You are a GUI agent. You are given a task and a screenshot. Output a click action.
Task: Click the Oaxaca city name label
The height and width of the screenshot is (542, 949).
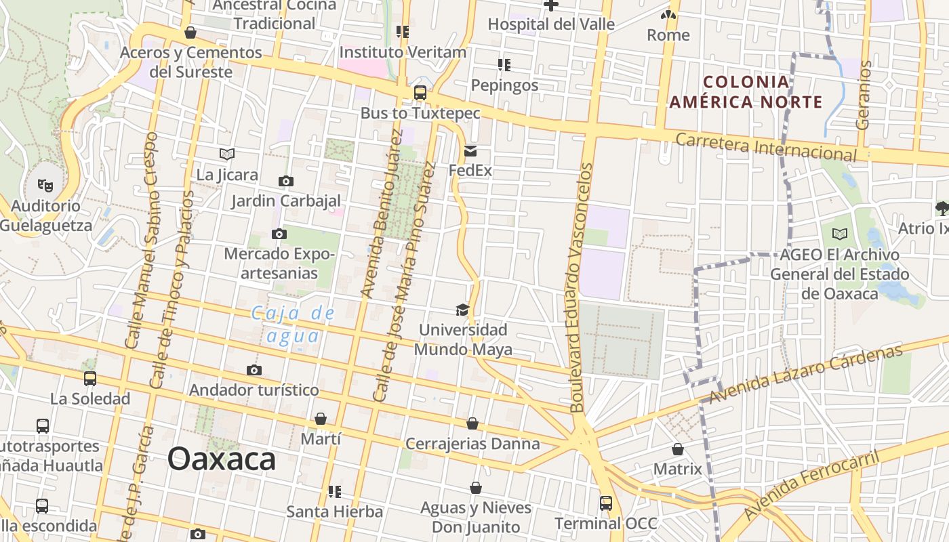[x=222, y=459]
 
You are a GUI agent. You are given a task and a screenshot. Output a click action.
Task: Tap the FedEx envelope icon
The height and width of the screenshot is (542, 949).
[x=470, y=151]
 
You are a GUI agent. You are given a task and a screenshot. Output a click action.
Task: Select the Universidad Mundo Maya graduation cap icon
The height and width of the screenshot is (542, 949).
[x=462, y=310]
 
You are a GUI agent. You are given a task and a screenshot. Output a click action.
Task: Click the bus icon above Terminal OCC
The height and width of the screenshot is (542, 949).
[x=605, y=503]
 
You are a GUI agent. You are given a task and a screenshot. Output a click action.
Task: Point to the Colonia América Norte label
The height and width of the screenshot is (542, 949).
[x=746, y=92]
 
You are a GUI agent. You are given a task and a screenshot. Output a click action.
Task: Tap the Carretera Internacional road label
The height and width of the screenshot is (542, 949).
[x=766, y=147]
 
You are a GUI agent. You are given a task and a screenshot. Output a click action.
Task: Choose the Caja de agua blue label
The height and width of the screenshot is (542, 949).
[x=293, y=324]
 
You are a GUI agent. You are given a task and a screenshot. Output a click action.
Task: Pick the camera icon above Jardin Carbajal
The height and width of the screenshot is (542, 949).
[x=286, y=181]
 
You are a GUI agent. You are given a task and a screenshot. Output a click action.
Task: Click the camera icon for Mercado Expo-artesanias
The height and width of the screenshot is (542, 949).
[x=279, y=234]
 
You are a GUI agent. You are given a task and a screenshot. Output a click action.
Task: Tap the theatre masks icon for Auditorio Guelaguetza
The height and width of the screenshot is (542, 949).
[x=45, y=185]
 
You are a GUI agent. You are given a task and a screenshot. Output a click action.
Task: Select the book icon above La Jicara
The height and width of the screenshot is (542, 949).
[x=226, y=154]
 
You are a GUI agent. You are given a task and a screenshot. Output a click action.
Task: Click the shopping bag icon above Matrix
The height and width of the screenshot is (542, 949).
[x=677, y=449]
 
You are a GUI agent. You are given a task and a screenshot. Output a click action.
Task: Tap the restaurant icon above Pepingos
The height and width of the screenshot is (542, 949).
[x=504, y=65]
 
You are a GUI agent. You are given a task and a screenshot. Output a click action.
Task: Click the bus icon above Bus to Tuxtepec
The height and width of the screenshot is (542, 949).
[x=420, y=93]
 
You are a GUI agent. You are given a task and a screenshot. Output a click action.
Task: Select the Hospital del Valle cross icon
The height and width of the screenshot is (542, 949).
[x=551, y=5]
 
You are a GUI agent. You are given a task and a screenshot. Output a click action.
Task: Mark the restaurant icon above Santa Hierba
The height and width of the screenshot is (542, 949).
[x=334, y=491]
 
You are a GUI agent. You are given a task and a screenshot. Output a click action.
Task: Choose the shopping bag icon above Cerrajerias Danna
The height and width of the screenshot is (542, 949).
[x=472, y=423]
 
